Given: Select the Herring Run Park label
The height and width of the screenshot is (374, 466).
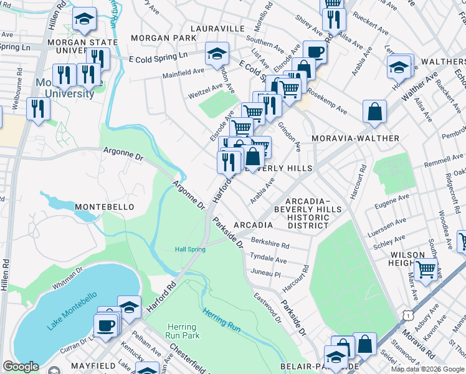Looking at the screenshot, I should click(182, 331).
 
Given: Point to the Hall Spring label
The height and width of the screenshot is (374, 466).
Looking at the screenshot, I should click(189, 249).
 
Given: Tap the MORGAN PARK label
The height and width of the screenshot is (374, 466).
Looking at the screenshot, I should click(159, 38).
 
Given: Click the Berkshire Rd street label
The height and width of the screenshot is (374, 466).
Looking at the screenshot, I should click(270, 244).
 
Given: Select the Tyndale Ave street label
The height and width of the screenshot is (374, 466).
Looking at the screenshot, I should click(268, 258).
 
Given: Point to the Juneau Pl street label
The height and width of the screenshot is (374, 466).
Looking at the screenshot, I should click(266, 273).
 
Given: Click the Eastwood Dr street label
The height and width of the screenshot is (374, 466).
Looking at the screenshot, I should click(268, 306).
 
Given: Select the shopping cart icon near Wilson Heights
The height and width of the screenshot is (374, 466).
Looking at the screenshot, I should click(426, 270).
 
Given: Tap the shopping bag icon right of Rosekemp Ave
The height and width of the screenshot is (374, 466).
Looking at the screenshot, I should click(376, 112).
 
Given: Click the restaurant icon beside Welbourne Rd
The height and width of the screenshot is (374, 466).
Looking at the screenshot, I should click(39, 109).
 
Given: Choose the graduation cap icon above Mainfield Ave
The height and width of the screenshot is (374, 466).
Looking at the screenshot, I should click(217, 54).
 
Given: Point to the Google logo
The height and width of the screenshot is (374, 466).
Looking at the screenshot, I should click(21, 367).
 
